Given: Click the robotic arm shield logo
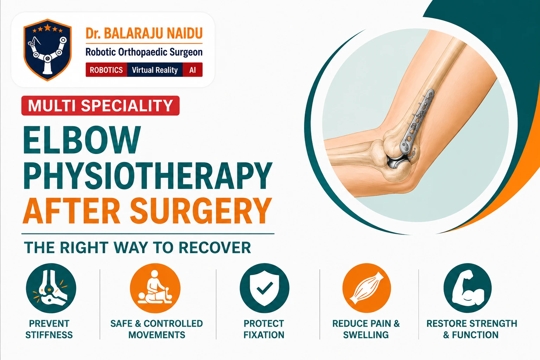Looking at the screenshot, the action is [47, 50].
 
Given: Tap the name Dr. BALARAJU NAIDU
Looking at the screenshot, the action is [144, 33].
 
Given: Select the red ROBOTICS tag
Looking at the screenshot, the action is [106, 70].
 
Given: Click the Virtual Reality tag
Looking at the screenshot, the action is [155, 70].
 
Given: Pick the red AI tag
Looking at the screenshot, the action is [193, 70].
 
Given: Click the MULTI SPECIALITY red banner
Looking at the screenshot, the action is [101, 105].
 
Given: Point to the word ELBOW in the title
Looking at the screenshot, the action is [82, 140].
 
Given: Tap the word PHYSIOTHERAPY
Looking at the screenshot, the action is [148, 176].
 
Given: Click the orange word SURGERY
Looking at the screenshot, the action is [201, 211].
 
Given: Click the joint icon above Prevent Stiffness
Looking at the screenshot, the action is [51, 288].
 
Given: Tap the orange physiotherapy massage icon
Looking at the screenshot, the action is [155, 288].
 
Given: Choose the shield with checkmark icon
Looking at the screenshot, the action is [265, 288].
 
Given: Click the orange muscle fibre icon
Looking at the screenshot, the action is [367, 288].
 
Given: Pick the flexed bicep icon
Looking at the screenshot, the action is [468, 288].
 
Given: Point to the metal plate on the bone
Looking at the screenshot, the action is [416, 122].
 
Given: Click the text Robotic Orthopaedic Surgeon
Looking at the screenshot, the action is [144, 52].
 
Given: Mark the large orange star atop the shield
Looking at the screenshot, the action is [48, 27].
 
